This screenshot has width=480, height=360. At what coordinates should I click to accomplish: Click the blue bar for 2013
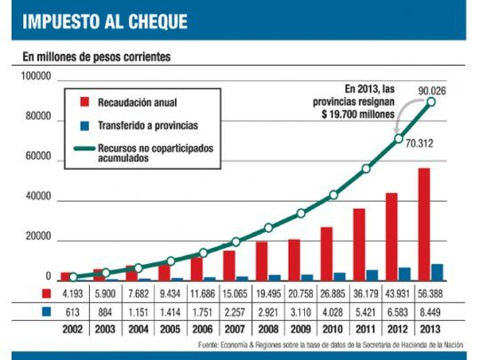(437, 272)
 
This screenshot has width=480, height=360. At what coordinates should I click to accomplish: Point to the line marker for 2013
(431, 101)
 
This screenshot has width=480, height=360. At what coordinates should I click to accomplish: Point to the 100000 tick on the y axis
(33, 79)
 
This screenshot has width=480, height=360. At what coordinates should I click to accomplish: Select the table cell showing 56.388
(431, 292)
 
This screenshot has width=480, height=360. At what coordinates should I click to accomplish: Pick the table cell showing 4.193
(72, 292)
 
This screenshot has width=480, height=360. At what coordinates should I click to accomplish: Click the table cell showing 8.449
(431, 311)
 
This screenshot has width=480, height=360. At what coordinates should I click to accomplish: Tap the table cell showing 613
(72, 311)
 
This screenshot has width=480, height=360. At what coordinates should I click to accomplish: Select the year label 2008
(268, 330)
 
